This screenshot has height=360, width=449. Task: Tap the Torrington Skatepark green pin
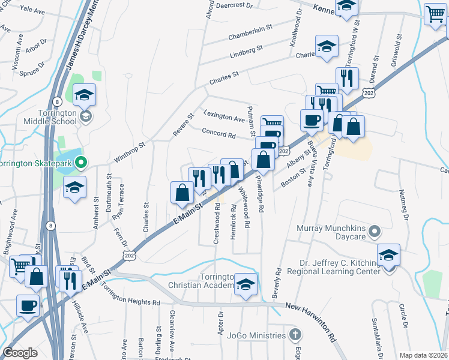tap(83, 162)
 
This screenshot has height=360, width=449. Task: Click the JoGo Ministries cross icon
tap(294, 334)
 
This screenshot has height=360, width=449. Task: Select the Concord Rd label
tap(218, 133)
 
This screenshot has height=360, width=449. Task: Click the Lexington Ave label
tap(224, 115)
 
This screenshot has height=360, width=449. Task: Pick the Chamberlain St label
tap(250, 33)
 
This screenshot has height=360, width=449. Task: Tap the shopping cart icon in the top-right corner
tap(435, 14)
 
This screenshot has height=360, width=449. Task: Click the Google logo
tap(20, 353)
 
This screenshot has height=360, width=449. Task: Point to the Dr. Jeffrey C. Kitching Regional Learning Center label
tap(340, 267)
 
